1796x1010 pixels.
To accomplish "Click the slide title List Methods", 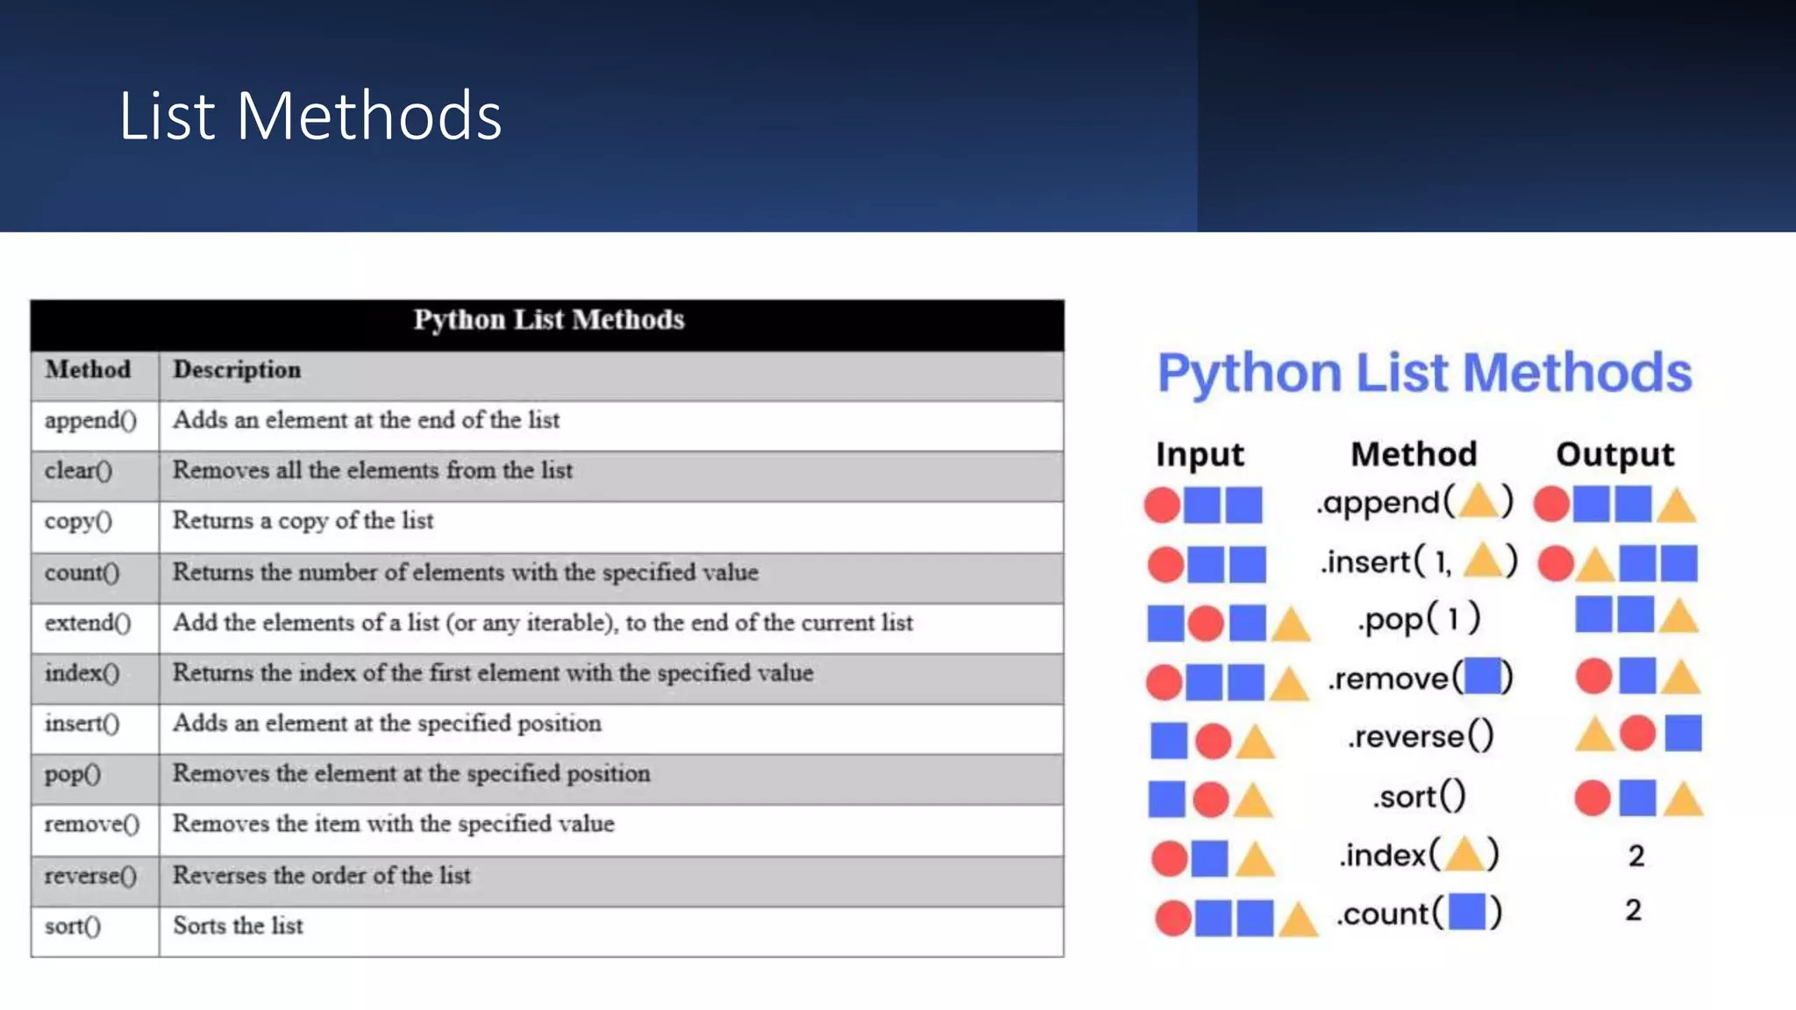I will pos(310,116).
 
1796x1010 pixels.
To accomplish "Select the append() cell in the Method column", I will pos(90,421).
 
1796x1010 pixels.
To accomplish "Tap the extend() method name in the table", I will pos(88,623).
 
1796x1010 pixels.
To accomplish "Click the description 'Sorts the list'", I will pos(238,926).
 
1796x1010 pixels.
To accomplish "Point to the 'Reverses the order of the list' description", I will pos(321,875).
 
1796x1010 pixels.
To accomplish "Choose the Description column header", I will pos(237,370).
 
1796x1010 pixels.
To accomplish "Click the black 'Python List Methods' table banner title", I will pos(548,320).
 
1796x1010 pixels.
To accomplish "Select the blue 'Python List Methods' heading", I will pos(1424,373).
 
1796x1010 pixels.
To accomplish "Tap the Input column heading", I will pos(1200,454).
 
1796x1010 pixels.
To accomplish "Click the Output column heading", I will pos(1614,454).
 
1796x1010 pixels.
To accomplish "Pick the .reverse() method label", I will pos(1420,736).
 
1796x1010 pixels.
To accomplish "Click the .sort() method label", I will pos(1419,797).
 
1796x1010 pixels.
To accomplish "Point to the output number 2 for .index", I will pos(1636,856).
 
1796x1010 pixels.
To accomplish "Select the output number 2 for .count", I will pos(1633,910).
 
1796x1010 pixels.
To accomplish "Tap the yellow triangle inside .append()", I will pos(1479,501).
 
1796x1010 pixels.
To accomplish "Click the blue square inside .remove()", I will pos(1482,676).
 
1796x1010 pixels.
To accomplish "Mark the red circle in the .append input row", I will pos(1162,505).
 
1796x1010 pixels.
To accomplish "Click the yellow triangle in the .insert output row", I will pos(1595,565).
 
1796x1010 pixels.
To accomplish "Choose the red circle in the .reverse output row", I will pos(1637,733).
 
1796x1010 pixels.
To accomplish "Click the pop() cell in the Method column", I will pos(73,774).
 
